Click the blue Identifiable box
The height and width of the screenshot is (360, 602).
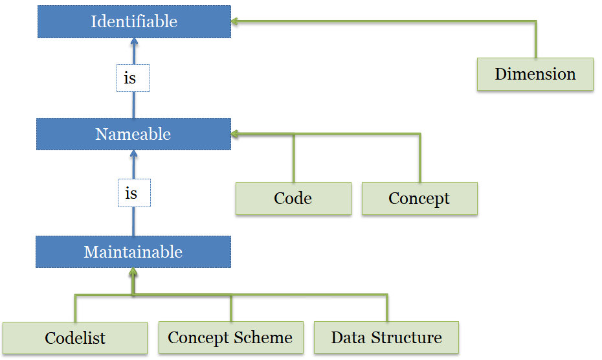pyautogui.click(x=134, y=21)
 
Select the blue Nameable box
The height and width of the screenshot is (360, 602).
pyautogui.click(x=133, y=134)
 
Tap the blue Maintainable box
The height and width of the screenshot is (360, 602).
pyautogui.click(x=133, y=252)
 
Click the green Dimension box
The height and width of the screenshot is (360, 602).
pyautogui.click(x=535, y=74)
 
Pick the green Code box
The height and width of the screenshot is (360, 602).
pyautogui.click(x=293, y=198)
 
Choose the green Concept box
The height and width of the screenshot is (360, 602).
pyautogui.click(x=419, y=198)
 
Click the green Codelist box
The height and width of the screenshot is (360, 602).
pyautogui.click(x=75, y=337)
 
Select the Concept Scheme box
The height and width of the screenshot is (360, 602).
pyautogui.click(x=230, y=337)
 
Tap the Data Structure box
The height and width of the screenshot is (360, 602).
pyautogui.click(x=386, y=337)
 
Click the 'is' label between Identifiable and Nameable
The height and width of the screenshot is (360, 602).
pyautogui.click(x=133, y=78)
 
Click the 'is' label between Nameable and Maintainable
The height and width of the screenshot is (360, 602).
pyautogui.click(x=133, y=193)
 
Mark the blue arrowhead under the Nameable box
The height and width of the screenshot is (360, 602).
pyautogui.click(x=134, y=155)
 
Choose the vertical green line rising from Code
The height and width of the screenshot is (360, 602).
pyautogui.click(x=294, y=159)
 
